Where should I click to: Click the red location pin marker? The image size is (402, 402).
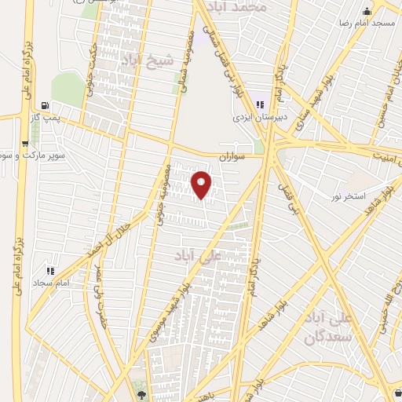[202, 185]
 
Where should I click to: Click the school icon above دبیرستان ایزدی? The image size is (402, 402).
[259, 104]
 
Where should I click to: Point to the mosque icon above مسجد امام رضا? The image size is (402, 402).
[367, 11]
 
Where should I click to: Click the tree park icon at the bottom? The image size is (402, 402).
[141, 395]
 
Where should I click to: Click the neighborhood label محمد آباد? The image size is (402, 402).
[244, 6]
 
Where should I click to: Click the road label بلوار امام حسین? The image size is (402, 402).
[386, 90]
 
